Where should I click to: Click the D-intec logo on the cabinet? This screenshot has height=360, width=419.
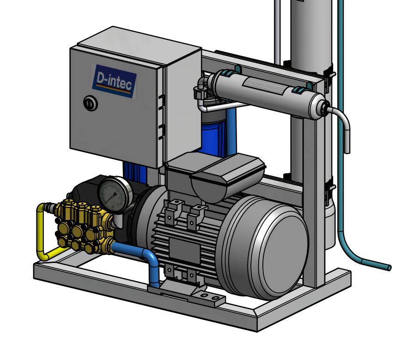[x=115, y=81]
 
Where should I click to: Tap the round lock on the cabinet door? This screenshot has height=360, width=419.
[x=91, y=103]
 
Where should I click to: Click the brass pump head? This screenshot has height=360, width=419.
[x=84, y=226]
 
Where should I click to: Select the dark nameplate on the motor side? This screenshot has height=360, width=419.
[x=184, y=250]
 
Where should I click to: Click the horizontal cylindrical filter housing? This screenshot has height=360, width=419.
[x=267, y=93]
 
